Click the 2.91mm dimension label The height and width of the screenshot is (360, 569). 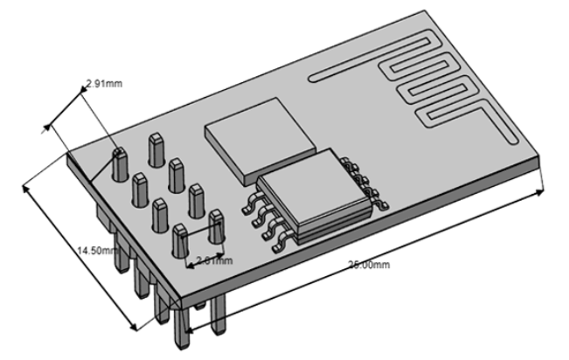103,85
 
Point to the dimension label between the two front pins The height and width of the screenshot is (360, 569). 214,260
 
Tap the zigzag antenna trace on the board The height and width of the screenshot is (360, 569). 437,87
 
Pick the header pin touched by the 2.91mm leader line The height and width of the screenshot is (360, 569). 121,162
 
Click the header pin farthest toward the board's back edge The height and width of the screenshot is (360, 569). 157,148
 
